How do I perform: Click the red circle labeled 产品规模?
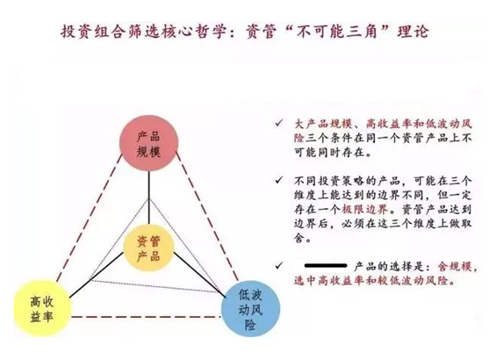pyautogui.click(x=149, y=143)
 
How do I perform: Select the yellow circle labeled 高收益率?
pyautogui.click(x=42, y=308)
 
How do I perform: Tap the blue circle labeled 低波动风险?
pyautogui.click(x=250, y=309)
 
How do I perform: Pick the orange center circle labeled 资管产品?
pyautogui.click(x=148, y=248)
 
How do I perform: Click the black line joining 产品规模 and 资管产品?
pyautogui.click(x=148, y=198)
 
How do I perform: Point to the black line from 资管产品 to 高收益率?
pyautogui.click(x=96, y=276)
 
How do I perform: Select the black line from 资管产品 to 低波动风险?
pyautogui.click(x=198, y=274)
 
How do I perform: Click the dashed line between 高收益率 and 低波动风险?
pyautogui.click(x=147, y=317)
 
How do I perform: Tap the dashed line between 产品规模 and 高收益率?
pyautogui.click(x=90, y=218)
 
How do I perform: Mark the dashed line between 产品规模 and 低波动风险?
pyautogui.click(x=207, y=216)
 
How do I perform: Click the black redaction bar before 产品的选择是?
pyautogui.click(x=326, y=266)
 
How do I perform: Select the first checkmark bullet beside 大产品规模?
pyautogui.click(x=278, y=124)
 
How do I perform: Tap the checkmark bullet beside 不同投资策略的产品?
pyautogui.click(x=278, y=180)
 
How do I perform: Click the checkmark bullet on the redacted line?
pyautogui.click(x=278, y=266)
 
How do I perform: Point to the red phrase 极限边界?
pyautogui.click(x=364, y=209)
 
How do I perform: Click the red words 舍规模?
pyautogui.click(x=455, y=266)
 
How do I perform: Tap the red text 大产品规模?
pyautogui.click(x=323, y=124)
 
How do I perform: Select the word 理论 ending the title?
pyautogui.click(x=413, y=32)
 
